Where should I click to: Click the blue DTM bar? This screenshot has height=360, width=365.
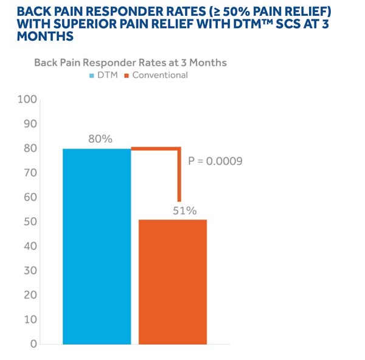point(97,246)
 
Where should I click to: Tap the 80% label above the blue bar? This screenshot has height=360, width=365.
point(100,139)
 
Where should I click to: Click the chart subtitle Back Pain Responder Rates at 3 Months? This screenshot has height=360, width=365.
point(130,63)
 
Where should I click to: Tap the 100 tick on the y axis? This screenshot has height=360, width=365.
point(28,99)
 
